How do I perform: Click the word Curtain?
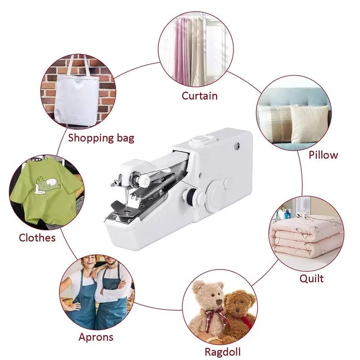coord(199,95)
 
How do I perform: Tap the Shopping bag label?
coord(101,138)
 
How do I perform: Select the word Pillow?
coord(323,155)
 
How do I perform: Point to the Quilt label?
coord(311,279)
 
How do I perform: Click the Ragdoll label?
coord(222,351)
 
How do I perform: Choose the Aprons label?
coord(96,337)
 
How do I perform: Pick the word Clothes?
coord(37,237)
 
